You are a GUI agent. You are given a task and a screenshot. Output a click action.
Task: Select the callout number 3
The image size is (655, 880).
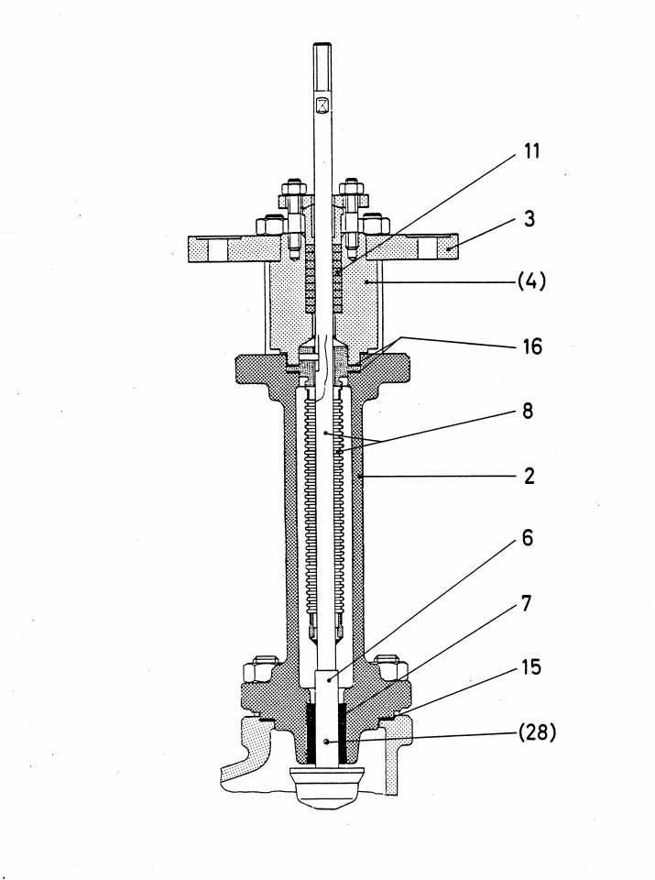coord(530,220)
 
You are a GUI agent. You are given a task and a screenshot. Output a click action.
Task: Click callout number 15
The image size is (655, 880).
coord(529,667)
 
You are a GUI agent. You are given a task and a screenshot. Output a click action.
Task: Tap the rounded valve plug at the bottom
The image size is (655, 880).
coord(326,789)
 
